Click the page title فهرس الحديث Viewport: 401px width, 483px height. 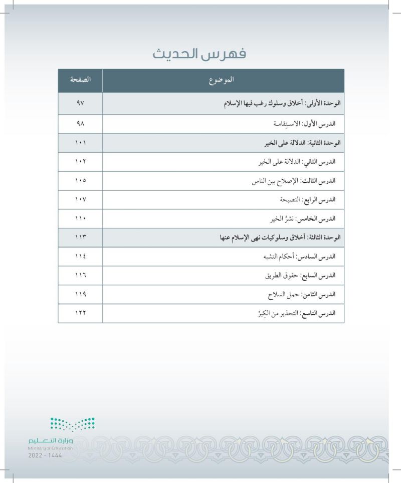(x=200, y=54)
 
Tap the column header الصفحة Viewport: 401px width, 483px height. (x=80, y=80)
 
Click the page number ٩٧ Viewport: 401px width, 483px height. (x=80, y=103)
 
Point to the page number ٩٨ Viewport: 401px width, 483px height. (x=80, y=123)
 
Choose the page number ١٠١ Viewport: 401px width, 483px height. (x=80, y=143)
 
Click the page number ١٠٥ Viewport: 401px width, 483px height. (x=80, y=181)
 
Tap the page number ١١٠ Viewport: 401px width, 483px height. (x=80, y=219)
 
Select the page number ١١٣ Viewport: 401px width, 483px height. (x=80, y=237)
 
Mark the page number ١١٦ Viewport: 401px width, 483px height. (x=80, y=276)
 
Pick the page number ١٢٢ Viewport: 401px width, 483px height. (x=80, y=313)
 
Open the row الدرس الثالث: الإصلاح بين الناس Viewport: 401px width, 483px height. (x=293, y=181)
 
